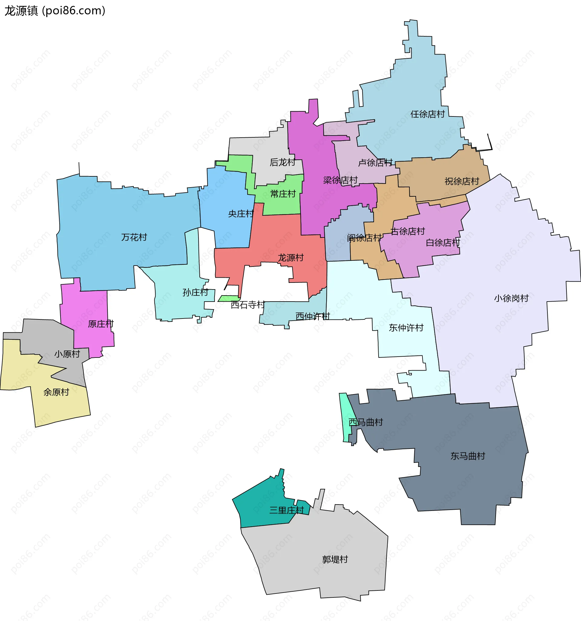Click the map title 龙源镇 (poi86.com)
pos(55,11)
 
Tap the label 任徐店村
pos(427,114)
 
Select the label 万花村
pos(134,237)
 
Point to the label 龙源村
pos(291,258)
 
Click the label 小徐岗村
pos(511,298)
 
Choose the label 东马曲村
pos(468,456)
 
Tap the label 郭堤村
pos(335,559)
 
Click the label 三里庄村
pos(286,510)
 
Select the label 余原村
pos(56,392)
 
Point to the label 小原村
pos(67,354)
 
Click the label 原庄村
pos(101,324)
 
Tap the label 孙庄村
pos(195,293)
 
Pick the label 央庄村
pos(241,214)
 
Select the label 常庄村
pos(283,194)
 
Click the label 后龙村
pos(282,162)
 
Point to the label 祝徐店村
pos(461,181)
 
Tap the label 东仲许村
pos(406,328)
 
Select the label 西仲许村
pos(313,316)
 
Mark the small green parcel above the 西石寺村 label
pos(229,298)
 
